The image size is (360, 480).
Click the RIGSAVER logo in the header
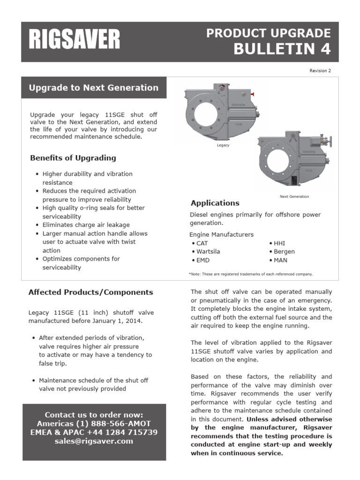[x=75, y=40]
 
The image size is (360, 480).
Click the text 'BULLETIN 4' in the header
[x=282, y=49]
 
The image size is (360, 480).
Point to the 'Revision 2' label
[x=320, y=71]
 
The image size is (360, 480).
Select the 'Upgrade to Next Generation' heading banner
[x=94, y=88]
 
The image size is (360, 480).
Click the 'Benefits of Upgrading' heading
[x=73, y=158]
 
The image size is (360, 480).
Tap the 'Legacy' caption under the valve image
[x=223, y=146]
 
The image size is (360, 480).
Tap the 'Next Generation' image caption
[x=294, y=196]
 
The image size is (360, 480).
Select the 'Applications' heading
[x=215, y=203]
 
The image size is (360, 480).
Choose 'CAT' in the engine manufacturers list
[x=202, y=243]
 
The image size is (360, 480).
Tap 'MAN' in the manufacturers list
[x=280, y=260]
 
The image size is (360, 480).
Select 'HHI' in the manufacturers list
[x=279, y=243]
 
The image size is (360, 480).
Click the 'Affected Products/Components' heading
[x=91, y=292]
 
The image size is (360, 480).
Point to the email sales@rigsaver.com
[x=94, y=441]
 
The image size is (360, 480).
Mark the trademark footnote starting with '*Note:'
[x=251, y=274]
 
